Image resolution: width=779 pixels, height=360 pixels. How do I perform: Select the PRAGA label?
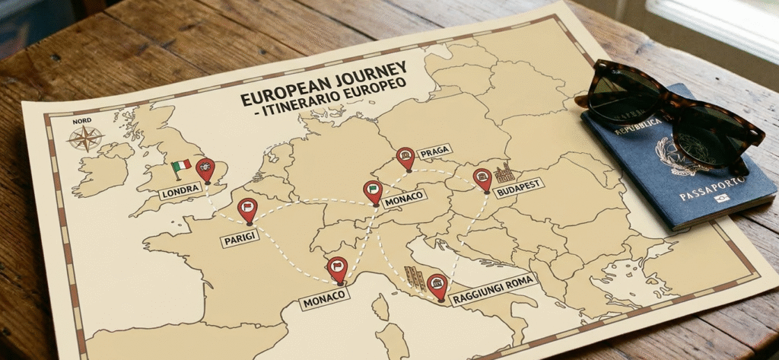click(x=434, y=151)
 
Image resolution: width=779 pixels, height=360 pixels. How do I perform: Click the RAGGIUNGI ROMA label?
click(x=493, y=289)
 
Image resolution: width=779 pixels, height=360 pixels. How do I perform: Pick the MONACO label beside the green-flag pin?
click(x=404, y=199)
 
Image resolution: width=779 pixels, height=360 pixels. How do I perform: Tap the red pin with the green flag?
click(x=373, y=190)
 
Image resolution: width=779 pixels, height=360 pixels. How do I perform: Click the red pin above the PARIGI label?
click(x=247, y=209)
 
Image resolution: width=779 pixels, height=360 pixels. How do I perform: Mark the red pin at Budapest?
click(x=482, y=179)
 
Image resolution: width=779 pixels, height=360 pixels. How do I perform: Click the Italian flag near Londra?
click(x=181, y=166)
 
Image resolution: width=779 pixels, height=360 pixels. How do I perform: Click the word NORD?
click(x=82, y=120)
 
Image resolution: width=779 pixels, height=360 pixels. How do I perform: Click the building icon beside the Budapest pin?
click(x=504, y=174)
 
